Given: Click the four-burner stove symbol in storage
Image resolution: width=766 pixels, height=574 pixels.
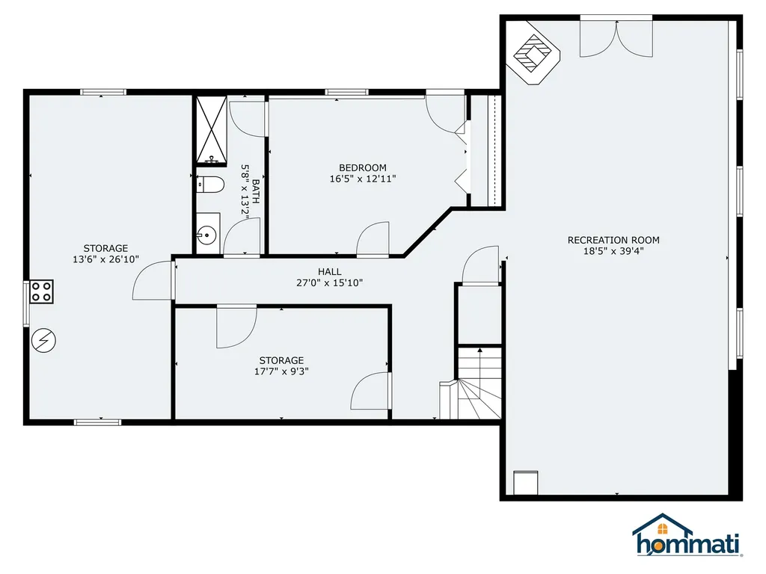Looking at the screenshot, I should [x=41, y=291].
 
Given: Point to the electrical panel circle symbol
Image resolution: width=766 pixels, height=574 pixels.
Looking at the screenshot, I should [x=43, y=341].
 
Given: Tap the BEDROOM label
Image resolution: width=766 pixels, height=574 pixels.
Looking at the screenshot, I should [x=363, y=167].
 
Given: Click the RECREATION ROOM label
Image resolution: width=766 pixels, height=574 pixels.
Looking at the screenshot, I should [x=613, y=240].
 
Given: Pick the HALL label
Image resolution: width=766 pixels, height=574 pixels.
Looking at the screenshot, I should [x=329, y=272].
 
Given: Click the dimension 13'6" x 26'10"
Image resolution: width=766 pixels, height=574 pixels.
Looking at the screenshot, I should [x=105, y=260].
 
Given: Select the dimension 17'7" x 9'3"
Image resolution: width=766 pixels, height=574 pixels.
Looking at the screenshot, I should [x=281, y=371].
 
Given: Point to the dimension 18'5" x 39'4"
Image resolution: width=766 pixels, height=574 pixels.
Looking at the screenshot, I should [x=613, y=251].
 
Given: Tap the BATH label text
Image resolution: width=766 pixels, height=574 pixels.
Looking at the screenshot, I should [x=256, y=193].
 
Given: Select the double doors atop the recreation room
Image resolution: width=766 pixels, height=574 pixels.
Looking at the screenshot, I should [x=615, y=36].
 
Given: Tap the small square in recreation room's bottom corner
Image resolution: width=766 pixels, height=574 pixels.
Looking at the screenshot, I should [x=525, y=483].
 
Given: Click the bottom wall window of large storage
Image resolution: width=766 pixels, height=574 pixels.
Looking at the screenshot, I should [x=97, y=422].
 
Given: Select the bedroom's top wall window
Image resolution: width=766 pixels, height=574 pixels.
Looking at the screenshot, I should [x=347, y=93].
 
